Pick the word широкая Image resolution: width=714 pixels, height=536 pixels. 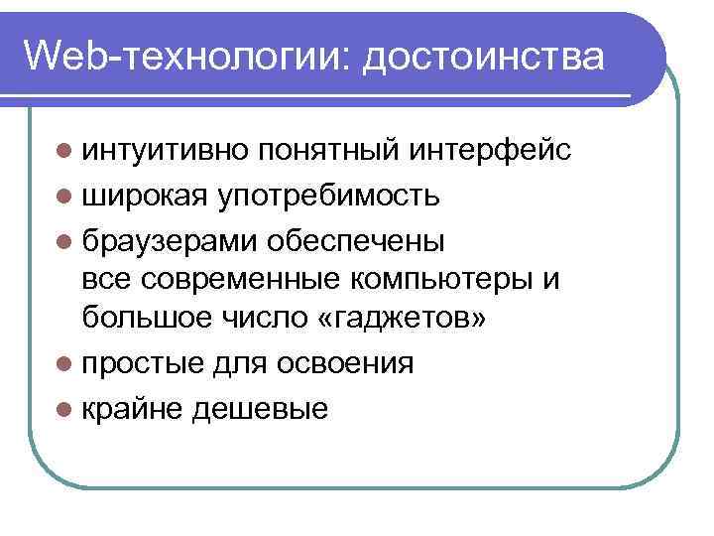point(145,197)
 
